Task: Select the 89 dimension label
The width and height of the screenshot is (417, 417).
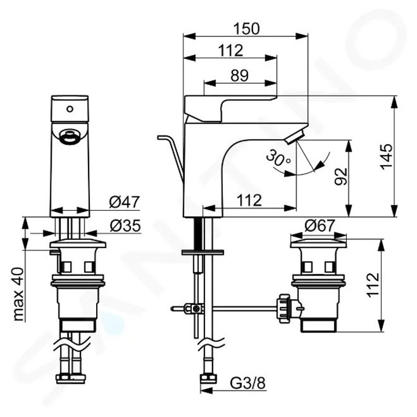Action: click(x=239, y=74)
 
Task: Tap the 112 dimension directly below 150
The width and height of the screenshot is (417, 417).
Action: click(x=231, y=50)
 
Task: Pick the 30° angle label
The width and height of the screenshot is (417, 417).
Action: click(x=278, y=157)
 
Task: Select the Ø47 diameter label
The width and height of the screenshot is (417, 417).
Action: click(x=125, y=202)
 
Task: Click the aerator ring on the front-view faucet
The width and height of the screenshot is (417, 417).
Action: click(x=69, y=137)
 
